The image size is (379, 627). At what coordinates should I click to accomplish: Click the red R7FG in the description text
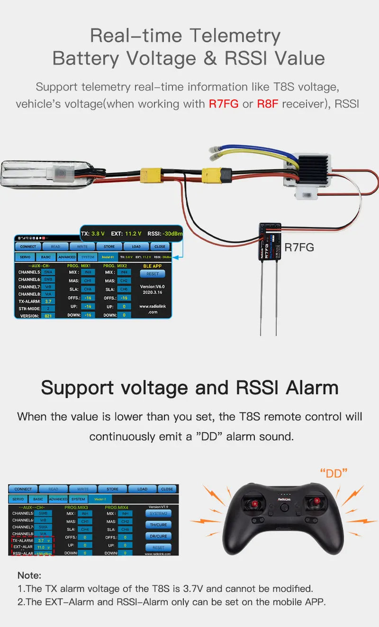(x=224, y=104)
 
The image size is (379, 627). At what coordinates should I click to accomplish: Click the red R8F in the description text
(x=268, y=104)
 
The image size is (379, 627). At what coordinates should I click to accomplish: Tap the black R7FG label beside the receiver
(x=299, y=247)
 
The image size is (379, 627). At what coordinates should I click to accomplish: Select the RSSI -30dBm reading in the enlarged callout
(x=165, y=234)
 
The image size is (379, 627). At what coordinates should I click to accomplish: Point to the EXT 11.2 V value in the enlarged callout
(x=126, y=234)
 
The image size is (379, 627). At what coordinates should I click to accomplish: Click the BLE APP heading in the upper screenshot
(x=152, y=266)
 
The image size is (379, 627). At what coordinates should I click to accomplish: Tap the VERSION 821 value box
(x=48, y=316)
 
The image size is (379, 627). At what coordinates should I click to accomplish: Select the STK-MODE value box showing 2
(x=48, y=309)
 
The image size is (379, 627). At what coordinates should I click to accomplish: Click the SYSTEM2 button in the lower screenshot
(x=158, y=513)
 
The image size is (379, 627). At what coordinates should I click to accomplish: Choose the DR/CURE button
(x=158, y=536)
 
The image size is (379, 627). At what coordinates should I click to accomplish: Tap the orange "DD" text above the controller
(x=334, y=473)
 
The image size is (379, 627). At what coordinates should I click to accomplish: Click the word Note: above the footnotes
(x=29, y=575)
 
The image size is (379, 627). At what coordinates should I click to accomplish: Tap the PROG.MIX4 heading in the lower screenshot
(x=118, y=507)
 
